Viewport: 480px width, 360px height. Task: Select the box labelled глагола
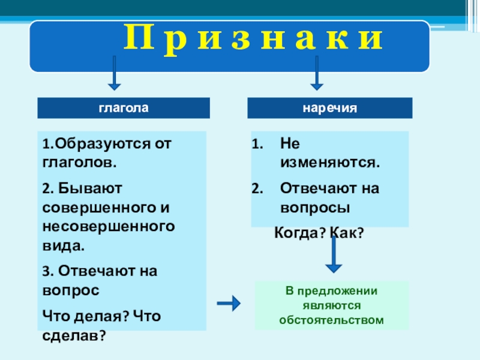(x=124, y=108)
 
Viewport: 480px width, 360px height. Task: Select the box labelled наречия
(x=330, y=108)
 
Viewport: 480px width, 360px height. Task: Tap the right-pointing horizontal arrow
(x=228, y=304)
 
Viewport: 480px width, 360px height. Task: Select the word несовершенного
(x=109, y=227)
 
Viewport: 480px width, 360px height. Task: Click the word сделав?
(x=74, y=334)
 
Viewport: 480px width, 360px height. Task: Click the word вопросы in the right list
(x=315, y=208)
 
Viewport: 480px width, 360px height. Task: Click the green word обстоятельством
(x=331, y=319)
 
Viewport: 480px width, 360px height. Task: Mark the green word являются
(x=331, y=305)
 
